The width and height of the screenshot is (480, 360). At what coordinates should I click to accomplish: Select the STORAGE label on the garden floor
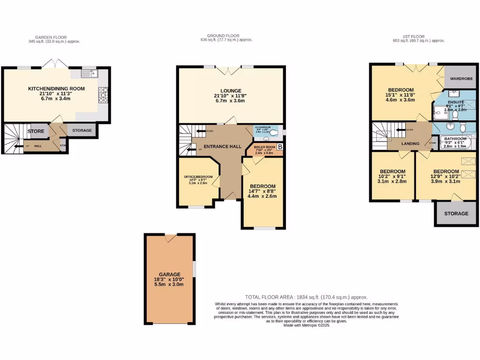[82, 130]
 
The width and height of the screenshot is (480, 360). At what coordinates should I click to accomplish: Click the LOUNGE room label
[231, 90]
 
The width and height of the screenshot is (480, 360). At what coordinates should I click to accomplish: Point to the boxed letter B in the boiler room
[280, 147]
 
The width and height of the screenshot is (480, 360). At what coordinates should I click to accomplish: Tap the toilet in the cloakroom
[274, 133]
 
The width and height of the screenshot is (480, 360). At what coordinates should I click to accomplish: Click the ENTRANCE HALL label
[225, 146]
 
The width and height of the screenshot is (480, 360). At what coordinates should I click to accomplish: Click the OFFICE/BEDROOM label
[198, 177]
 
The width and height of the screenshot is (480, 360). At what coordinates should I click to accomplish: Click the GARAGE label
[169, 274]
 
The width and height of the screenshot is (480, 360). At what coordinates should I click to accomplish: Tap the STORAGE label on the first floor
[456, 213]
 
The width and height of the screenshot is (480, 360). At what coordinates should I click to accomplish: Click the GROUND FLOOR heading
[223, 36]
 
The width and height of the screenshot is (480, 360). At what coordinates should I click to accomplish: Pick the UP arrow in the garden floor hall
[19, 146]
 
